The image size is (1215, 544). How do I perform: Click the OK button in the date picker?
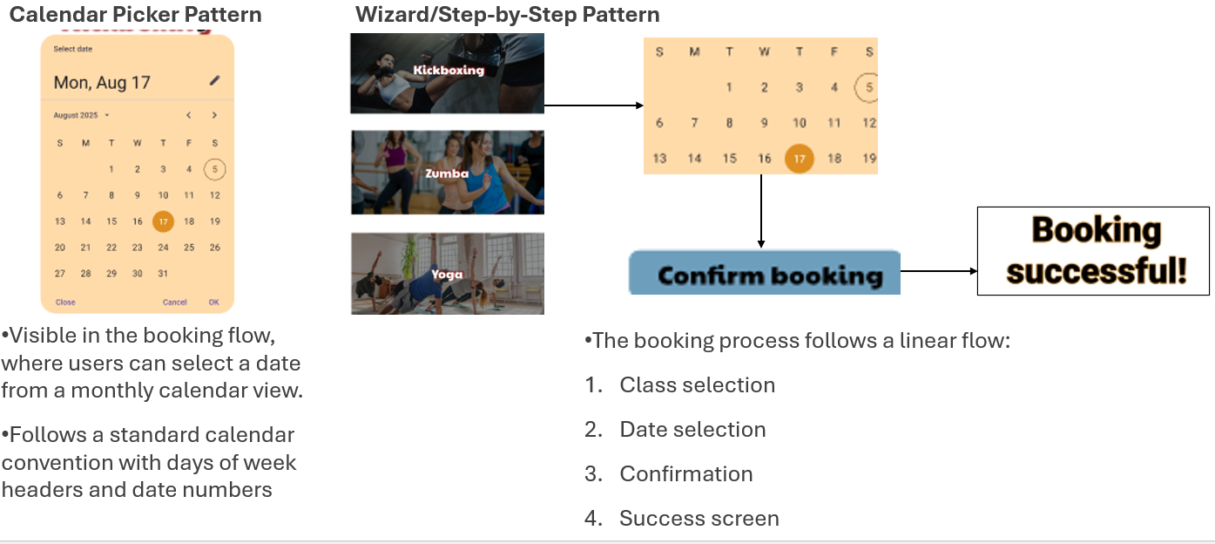[213, 303]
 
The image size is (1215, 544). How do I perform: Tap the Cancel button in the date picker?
[174, 303]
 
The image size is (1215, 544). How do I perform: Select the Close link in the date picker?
[65, 303]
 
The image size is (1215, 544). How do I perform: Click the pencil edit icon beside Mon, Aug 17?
[215, 81]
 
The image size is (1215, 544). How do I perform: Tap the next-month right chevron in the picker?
[214, 115]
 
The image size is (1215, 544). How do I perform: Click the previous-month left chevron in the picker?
[188, 115]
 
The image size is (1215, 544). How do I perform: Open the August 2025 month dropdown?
[82, 115]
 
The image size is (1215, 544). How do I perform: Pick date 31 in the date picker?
[163, 273]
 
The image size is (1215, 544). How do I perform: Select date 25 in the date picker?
[189, 248]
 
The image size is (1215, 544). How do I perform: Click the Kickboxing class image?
[448, 73]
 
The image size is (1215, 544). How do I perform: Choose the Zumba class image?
[448, 173]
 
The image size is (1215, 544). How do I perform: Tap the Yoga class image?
[448, 273]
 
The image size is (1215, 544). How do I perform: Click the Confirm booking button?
[765, 274]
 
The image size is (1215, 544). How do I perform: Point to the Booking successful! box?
[1093, 251]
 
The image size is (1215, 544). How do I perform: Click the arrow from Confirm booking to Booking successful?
[939, 271]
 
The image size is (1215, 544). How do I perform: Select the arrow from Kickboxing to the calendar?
[593, 105]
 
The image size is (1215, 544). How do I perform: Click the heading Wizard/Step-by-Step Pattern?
[507, 15]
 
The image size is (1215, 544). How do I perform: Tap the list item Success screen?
[699, 519]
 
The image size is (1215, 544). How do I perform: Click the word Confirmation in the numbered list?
[686, 474]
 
